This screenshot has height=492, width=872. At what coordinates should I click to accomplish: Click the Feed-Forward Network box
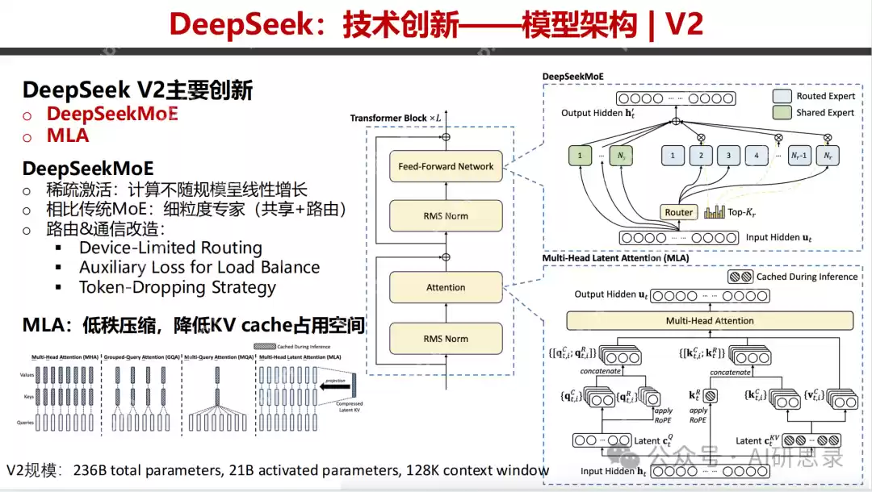click(446, 166)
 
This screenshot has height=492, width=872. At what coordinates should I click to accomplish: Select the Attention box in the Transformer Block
click(446, 287)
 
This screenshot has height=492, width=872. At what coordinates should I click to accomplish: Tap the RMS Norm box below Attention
click(446, 339)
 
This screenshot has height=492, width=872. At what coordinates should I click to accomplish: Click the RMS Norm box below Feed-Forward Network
click(446, 216)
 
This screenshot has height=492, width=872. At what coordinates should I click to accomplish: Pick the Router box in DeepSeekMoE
click(678, 212)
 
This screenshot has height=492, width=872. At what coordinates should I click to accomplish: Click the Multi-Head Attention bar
click(710, 320)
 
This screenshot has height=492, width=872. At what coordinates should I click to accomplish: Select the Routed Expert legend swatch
click(782, 96)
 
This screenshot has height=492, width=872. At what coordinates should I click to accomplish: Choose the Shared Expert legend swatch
click(782, 112)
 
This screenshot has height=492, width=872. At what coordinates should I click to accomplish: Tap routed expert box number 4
click(756, 155)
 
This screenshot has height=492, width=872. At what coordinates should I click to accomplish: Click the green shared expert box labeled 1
click(580, 155)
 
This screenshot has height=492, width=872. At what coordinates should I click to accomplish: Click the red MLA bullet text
click(68, 136)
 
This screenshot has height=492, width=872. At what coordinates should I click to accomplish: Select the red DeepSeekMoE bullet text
click(112, 113)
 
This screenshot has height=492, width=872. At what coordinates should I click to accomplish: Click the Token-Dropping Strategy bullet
click(178, 287)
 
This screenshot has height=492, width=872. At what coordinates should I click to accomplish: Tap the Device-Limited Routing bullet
click(170, 248)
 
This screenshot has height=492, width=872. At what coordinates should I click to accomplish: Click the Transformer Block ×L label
click(396, 119)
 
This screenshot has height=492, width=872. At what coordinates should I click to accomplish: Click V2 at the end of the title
click(683, 25)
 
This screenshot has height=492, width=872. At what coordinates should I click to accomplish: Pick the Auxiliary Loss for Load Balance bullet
click(199, 267)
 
